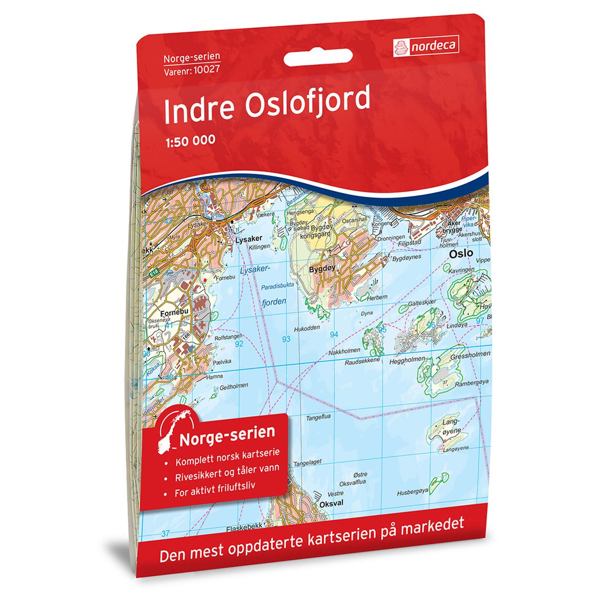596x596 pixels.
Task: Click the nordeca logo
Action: (x=426, y=47)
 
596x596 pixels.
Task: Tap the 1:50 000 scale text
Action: (x=189, y=140)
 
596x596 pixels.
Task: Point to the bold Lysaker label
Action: (x=248, y=239)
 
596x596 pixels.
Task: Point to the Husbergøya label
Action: (x=412, y=493)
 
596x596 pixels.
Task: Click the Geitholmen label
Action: (x=233, y=385)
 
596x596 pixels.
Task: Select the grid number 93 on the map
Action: (x=286, y=339)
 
